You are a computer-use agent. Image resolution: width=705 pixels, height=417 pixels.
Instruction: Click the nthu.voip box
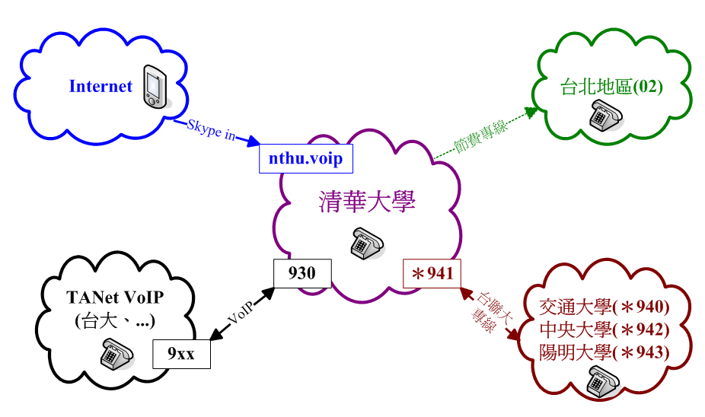coord(305,158)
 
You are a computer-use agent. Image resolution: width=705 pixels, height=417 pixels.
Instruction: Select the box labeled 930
coord(302,272)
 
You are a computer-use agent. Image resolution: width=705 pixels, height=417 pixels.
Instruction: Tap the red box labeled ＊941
coord(432,273)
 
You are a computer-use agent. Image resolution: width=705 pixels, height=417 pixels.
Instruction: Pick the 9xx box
coord(182,353)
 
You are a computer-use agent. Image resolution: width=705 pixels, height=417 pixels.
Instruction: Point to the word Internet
coord(100,86)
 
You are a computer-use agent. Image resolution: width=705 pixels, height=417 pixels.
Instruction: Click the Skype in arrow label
coord(211,130)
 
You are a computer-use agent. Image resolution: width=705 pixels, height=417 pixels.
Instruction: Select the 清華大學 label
coord(366,203)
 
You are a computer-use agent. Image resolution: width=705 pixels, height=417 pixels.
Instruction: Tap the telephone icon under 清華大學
coord(366,241)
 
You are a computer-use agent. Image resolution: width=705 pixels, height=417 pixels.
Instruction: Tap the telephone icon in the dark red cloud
coord(605,379)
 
